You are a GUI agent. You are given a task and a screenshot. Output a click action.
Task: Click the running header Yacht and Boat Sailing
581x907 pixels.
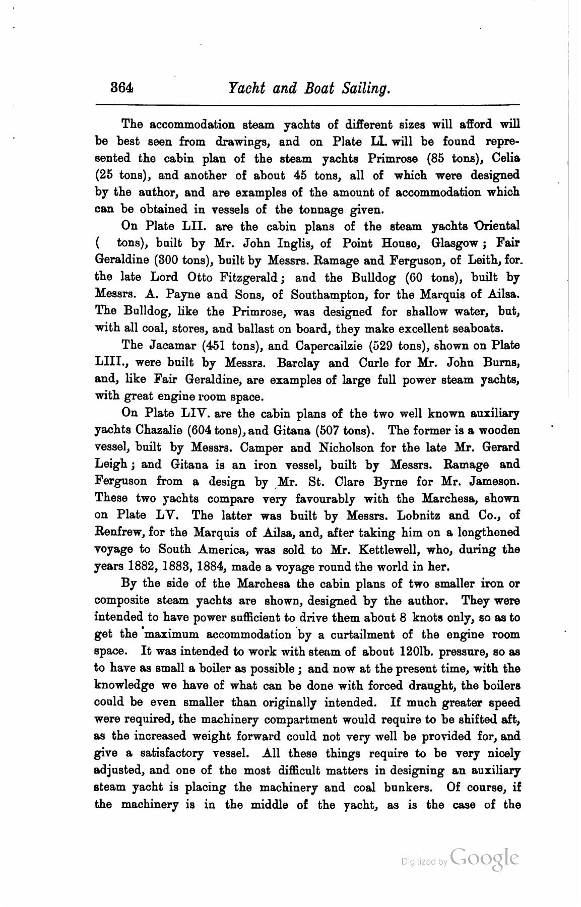(x=309, y=89)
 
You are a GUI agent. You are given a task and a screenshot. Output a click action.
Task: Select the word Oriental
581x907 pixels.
(x=492, y=226)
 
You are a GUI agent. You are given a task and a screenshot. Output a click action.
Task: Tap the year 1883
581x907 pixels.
(x=182, y=566)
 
